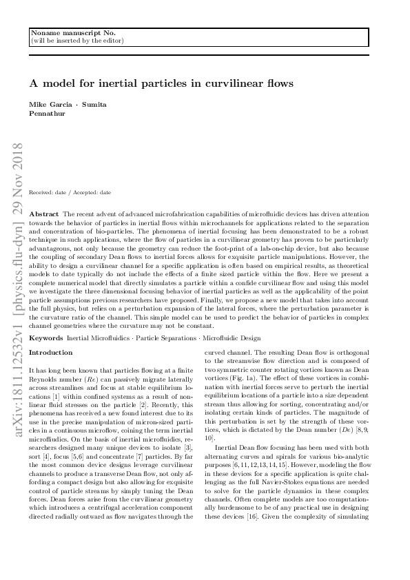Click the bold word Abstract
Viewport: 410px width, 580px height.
coord(45,215)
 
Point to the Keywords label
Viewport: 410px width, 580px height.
coord(47,339)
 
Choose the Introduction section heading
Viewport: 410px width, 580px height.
coord(50,353)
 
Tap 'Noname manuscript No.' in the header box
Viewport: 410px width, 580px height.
coord(63,33)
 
